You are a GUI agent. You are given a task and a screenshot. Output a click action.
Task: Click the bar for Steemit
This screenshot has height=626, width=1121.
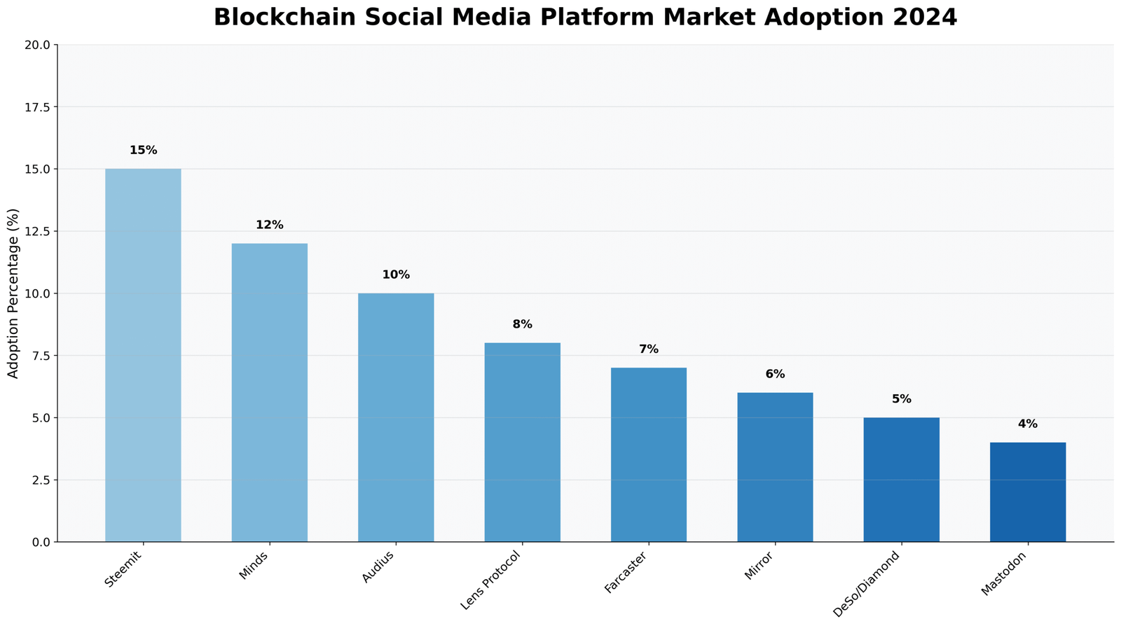click(x=143, y=355)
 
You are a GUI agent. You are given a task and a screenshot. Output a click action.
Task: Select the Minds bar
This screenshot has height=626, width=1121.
click(x=270, y=392)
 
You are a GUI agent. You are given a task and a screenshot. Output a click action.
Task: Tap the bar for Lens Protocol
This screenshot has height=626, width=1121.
click(x=523, y=442)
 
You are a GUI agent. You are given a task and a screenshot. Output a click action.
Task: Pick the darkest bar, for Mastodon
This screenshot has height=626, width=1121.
click(x=1028, y=492)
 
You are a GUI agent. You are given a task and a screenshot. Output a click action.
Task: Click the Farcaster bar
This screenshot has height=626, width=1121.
click(x=649, y=454)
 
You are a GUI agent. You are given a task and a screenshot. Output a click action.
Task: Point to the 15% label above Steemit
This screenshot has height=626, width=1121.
click(x=144, y=151)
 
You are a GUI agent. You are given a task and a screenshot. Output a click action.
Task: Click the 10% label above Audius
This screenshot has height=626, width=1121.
click(x=396, y=275)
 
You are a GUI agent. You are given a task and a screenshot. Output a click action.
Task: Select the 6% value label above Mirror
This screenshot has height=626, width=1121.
click(x=775, y=375)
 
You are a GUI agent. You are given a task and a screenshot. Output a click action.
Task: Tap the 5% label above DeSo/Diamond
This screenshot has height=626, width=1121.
click(x=902, y=399)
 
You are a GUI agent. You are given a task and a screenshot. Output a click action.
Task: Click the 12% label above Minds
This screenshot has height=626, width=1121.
click(x=270, y=225)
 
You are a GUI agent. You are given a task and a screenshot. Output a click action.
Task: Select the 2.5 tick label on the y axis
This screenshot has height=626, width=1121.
click(x=41, y=480)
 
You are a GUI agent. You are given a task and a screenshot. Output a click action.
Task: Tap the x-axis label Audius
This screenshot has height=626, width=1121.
click(x=379, y=566)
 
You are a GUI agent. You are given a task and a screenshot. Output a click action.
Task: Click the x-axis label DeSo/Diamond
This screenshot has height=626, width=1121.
click(x=866, y=583)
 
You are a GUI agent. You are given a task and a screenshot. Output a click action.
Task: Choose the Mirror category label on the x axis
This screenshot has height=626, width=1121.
click(x=759, y=566)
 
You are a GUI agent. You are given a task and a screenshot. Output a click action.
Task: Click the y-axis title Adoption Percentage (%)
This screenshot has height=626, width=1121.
click(x=13, y=293)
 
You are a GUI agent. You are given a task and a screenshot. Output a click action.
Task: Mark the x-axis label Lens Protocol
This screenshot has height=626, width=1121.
click(x=491, y=580)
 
